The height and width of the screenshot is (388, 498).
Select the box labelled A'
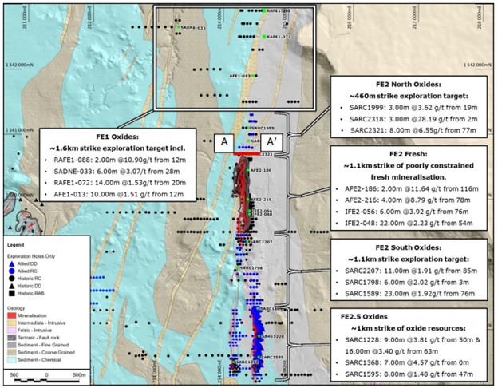click(x=271, y=141)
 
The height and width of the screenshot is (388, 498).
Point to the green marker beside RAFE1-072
click(x=263, y=37)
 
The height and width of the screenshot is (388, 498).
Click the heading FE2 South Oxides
click(x=411, y=248)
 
